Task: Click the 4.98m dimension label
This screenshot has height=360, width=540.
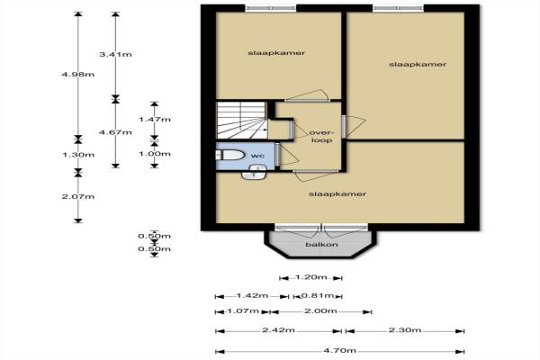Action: pos(77,75)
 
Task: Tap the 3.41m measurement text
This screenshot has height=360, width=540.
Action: pos(115,54)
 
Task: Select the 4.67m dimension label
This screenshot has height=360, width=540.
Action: pos(115,132)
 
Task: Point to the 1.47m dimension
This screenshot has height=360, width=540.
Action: pos(155,119)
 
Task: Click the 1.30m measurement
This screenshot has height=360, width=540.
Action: pos(78,155)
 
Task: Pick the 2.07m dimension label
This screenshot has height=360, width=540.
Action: pos(78,196)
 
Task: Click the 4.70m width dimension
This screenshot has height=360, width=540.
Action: pos(340,350)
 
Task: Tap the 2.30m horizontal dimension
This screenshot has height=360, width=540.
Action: pos(405,329)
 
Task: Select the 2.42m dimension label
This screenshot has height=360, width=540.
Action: pos(279,329)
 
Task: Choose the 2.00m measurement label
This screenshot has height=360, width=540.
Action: pos(320,310)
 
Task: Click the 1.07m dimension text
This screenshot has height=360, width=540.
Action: pos(243,310)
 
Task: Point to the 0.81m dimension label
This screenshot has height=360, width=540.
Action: pos(318,295)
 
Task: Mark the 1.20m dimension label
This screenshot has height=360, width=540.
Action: pos(311,277)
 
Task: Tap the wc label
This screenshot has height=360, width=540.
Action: pos(257,156)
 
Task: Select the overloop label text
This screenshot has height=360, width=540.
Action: pos(321,137)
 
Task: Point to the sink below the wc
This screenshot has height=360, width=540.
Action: pos(254,172)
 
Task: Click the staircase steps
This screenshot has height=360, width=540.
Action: pos(242,121)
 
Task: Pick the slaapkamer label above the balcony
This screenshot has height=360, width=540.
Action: pos(337,194)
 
